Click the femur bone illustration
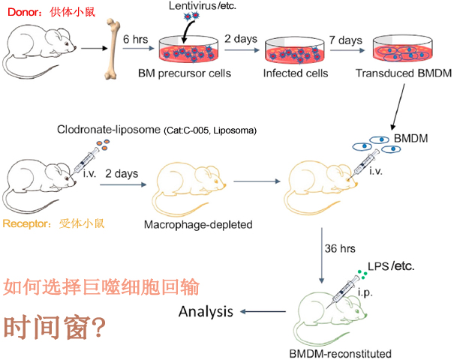pyautogui.click(x=111, y=49)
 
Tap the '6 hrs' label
pyautogui.click(x=135, y=39)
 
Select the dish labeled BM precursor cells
pyautogui.click(x=188, y=49)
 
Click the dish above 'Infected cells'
pyautogui.click(x=295, y=50)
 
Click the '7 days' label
pyautogui.click(x=346, y=40)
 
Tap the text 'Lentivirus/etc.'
pyautogui.click(x=203, y=5)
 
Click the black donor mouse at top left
pyautogui.click(x=39, y=51)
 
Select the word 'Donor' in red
pyautogui.click(x=23, y=12)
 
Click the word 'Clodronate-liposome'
pyautogui.click(x=109, y=129)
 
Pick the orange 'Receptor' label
pyautogui.click(x=26, y=223)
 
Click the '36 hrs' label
pyautogui.click(x=340, y=248)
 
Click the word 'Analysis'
pyautogui.click(x=206, y=312)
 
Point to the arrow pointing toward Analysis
pyautogui.click(x=263, y=312)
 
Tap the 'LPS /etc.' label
pyautogui.click(x=391, y=266)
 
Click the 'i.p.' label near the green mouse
pyautogui.click(x=365, y=292)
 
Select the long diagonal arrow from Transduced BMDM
pyautogui.click(x=398, y=107)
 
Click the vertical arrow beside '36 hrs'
pyautogui.click(x=322, y=256)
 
